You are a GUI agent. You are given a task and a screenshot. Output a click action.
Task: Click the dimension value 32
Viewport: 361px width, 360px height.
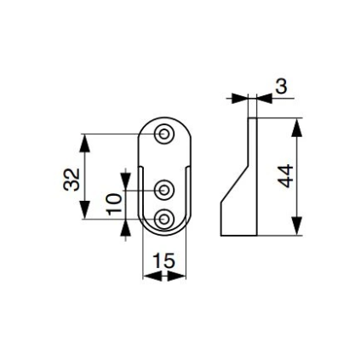72,180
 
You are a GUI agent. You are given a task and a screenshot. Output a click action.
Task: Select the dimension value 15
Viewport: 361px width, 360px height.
163,260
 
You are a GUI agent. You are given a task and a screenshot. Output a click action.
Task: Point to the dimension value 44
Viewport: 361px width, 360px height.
285,176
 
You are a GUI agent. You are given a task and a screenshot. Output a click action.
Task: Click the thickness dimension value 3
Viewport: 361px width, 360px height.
282,86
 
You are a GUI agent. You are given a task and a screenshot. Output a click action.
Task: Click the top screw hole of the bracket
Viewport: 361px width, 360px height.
163,134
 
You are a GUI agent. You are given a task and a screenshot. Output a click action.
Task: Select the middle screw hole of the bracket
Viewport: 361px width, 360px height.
163,190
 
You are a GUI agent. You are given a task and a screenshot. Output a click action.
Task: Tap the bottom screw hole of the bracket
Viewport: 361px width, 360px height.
163,219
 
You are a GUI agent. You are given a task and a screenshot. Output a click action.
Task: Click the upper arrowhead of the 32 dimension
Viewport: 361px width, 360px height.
85,144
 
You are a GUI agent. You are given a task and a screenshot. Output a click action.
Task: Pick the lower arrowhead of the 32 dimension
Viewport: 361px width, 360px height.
85,209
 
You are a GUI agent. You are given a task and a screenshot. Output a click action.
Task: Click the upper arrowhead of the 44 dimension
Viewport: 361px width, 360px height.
297,129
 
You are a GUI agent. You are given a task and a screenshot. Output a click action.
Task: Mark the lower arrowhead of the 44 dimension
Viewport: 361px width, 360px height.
297,226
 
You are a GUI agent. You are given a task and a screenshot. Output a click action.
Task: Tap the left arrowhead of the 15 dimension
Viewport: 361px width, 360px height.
152,276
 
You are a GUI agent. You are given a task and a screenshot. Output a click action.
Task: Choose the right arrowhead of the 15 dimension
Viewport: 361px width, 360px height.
176,276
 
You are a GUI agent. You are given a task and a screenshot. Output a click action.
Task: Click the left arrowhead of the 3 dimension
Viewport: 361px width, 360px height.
239,99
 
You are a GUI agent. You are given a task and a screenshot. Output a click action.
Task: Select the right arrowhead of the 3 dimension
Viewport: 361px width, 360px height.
265,99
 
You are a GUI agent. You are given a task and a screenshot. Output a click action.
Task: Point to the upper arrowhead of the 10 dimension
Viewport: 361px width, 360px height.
125,179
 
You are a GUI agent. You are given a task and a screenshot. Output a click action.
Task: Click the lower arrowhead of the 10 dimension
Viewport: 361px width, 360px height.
125,228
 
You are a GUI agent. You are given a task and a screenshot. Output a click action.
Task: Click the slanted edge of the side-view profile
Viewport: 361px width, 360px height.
234,184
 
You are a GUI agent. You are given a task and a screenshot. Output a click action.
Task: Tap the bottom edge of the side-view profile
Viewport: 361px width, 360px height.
239,236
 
